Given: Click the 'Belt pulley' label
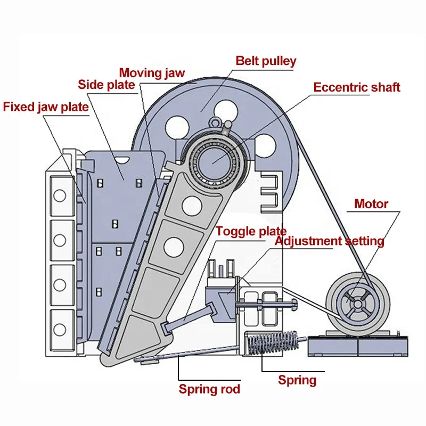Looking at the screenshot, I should tap(266, 61).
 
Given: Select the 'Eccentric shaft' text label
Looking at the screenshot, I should tap(356, 87).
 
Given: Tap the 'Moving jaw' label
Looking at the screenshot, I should tap(152, 72).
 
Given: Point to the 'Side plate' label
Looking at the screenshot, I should tap(106, 85).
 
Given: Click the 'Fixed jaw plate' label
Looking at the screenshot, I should tap(46, 106).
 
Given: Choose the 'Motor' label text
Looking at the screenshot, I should tap(371, 203).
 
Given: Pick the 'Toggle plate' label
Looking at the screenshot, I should tap(251, 231).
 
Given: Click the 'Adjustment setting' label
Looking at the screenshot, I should tap(329, 241).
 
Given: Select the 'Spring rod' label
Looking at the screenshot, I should tap(209, 389).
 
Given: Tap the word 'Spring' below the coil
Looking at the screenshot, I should tap(297, 380).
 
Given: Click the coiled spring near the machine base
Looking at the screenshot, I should tap(272, 343).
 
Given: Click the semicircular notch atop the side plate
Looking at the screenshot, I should tap(123, 158).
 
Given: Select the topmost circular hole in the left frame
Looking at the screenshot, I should tap(60, 195).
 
